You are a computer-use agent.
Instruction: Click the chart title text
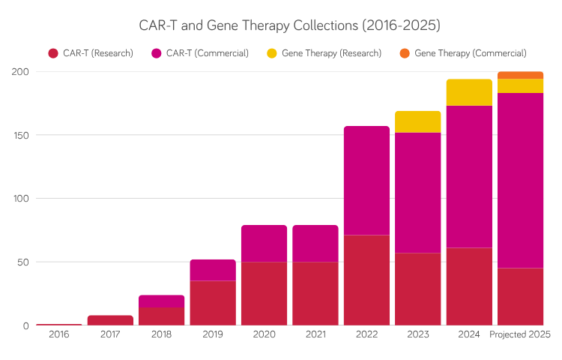coord(289,25)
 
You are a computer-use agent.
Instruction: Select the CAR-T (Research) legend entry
coord(91,53)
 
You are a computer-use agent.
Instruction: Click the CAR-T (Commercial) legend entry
coord(200,53)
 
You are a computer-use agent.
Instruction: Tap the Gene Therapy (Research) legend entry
coord(324,53)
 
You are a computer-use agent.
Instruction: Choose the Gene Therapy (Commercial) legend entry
coord(462,53)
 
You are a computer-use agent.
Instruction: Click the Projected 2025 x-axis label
coord(520,334)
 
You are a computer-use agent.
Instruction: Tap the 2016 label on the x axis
coord(59,334)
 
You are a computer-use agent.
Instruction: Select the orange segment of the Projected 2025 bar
coord(520,75)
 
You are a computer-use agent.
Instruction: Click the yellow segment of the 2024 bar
coord(469,92)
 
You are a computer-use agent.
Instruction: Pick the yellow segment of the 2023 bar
coord(418,121)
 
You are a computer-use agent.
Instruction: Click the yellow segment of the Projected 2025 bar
coord(520,85)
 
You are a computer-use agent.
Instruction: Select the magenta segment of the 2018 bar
coord(162,301)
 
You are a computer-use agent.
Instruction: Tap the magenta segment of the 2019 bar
coord(213,270)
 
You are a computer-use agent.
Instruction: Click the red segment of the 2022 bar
coord(366,280)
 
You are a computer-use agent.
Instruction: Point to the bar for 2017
coord(110,320)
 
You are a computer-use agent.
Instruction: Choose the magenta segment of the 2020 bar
coord(264,243)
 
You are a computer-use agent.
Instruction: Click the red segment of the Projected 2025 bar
coord(520,296)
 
